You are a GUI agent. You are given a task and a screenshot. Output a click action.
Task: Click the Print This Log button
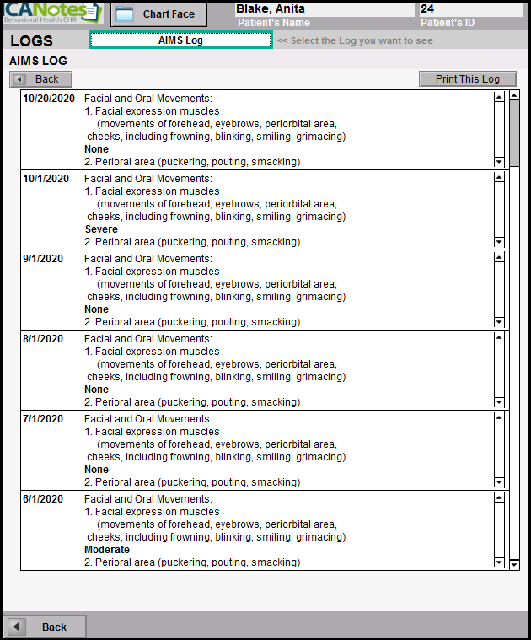[x=467, y=79]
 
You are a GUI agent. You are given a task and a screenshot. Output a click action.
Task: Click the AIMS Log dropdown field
[x=180, y=40]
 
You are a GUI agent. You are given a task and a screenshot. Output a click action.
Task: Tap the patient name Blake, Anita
[x=270, y=9]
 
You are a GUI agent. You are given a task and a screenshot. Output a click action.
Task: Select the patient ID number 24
[x=427, y=9]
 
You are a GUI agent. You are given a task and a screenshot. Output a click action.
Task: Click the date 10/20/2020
[x=49, y=99]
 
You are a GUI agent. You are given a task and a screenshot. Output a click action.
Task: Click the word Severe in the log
[x=101, y=229]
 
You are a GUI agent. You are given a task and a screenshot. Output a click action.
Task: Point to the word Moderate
[x=107, y=550]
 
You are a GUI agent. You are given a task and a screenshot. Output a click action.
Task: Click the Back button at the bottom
[x=45, y=627]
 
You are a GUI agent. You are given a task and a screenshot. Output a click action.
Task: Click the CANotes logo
[x=52, y=13]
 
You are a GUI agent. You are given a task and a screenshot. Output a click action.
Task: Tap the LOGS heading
[x=31, y=41]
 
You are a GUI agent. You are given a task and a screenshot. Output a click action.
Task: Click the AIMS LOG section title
[x=38, y=62]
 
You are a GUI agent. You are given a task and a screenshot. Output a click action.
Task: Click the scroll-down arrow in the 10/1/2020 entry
[x=499, y=242]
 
